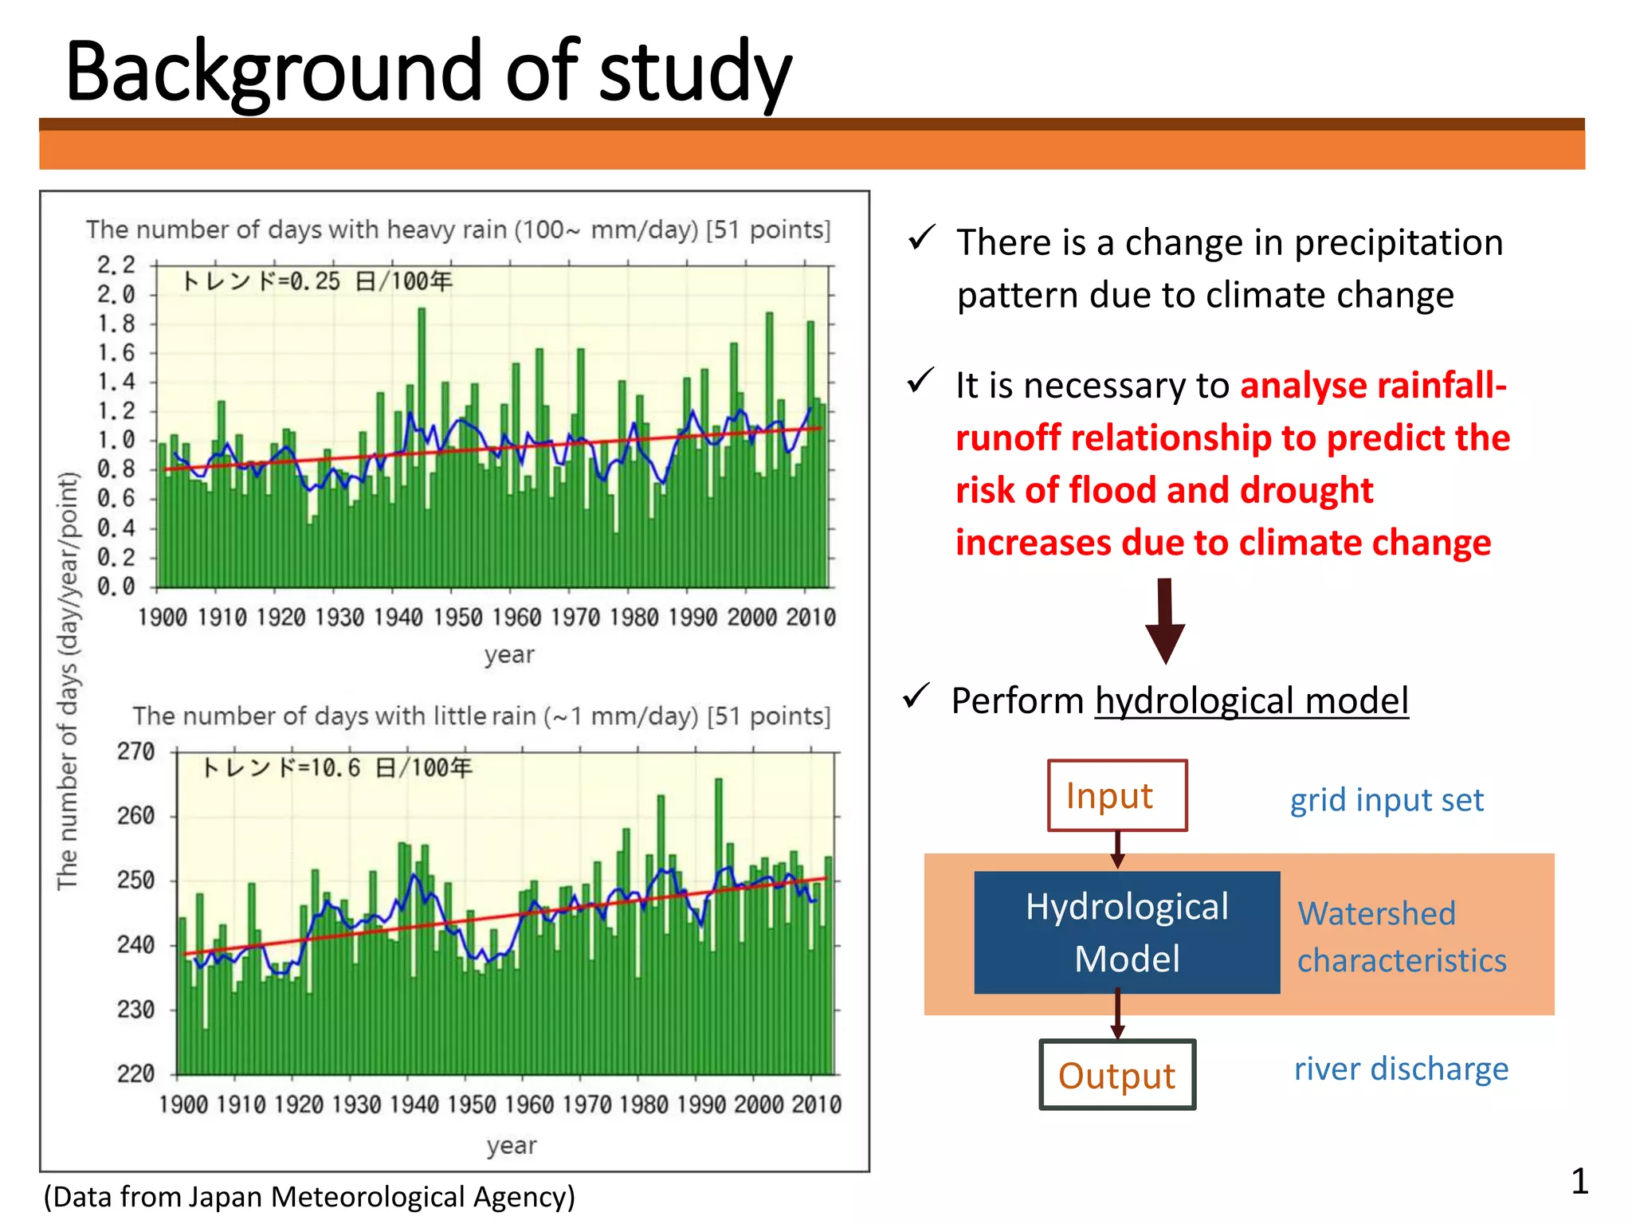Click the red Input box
[x=1116, y=795]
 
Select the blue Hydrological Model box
[x=1126, y=932]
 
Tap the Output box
[x=1116, y=1074]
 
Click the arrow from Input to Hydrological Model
[x=1117, y=849]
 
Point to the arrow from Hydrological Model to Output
[x=1117, y=1014]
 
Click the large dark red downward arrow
[x=1165, y=621]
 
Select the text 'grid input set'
[x=1387, y=799]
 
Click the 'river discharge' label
[x=1401, y=1068]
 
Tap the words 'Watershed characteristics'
[x=1401, y=936]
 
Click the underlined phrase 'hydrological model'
[x=1251, y=700]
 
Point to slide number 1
[x=1579, y=1180]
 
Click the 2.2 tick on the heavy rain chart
[x=116, y=264]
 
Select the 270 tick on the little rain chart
[x=135, y=751]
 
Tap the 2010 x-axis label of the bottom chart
[x=816, y=1104]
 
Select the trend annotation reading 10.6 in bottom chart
[x=336, y=767]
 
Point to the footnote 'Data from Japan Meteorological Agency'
[x=309, y=1196]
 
